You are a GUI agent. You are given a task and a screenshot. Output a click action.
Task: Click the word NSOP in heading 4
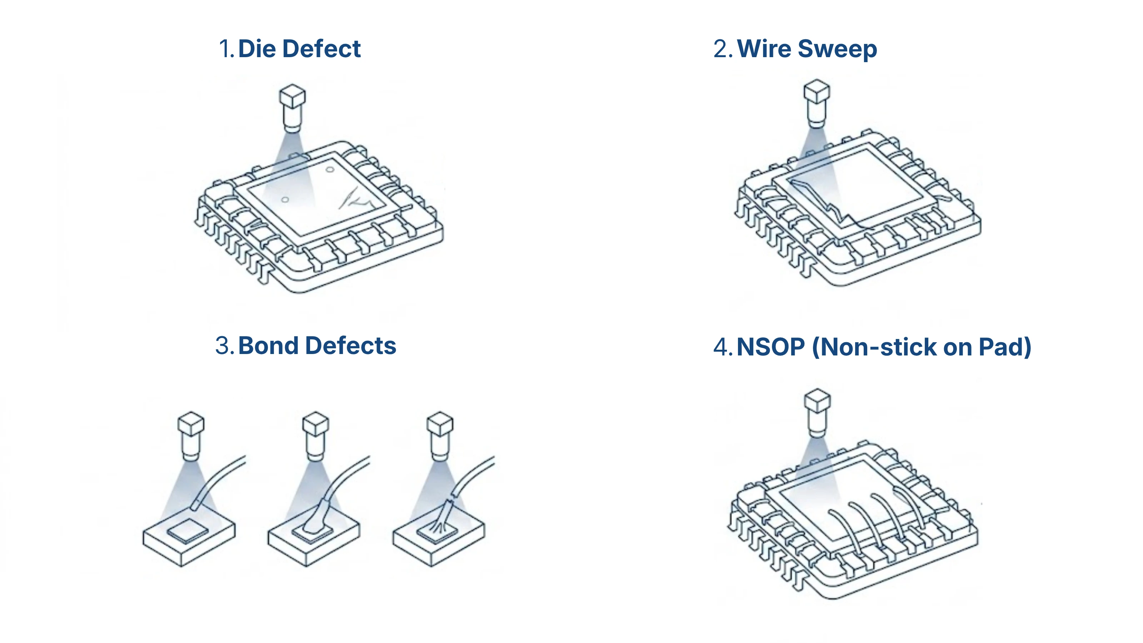(x=771, y=347)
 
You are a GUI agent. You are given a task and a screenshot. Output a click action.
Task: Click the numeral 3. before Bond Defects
(x=225, y=346)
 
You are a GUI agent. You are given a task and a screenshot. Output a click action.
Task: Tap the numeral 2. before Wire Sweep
(x=723, y=49)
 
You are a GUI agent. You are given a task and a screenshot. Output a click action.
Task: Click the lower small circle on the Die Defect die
(x=285, y=200)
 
